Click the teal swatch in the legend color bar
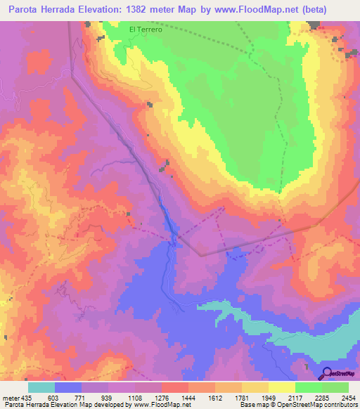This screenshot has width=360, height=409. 41,387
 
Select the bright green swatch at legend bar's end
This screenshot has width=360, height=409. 335,387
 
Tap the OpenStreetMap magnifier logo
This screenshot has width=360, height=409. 327,373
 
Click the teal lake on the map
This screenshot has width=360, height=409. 232,310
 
